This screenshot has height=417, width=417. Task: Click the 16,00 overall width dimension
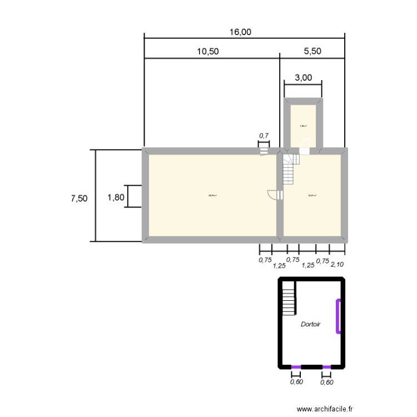point(240,32)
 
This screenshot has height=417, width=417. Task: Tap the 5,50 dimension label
point(312,51)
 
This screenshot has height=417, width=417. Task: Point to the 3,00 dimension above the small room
point(303,78)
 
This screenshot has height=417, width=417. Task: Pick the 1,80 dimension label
point(116,197)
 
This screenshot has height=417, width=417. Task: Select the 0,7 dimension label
point(264,135)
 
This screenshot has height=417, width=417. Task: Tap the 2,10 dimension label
point(337,265)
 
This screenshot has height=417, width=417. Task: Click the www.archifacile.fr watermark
point(325,408)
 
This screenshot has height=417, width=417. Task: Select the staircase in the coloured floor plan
point(290,168)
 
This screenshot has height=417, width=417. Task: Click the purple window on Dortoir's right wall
point(338,316)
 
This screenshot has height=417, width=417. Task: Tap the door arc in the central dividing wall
point(273,195)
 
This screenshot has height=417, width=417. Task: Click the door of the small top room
point(305,146)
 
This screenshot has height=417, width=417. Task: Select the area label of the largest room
point(212,195)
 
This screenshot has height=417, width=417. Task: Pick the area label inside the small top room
point(303,126)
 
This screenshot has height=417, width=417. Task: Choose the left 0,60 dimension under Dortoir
point(296,381)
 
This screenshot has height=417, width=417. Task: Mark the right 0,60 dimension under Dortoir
point(327,381)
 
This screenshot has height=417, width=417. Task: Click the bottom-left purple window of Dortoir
point(296,367)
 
